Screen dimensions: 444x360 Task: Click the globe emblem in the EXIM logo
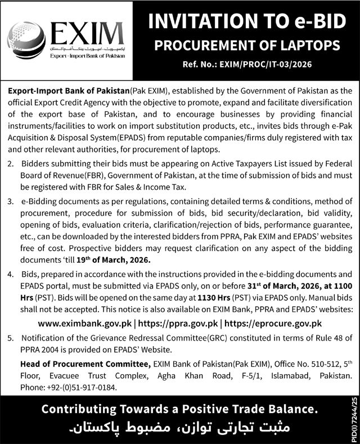(x=26, y=39)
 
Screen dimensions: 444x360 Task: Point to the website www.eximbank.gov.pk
(x=85, y=323)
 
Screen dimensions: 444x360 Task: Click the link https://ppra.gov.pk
(x=179, y=323)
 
